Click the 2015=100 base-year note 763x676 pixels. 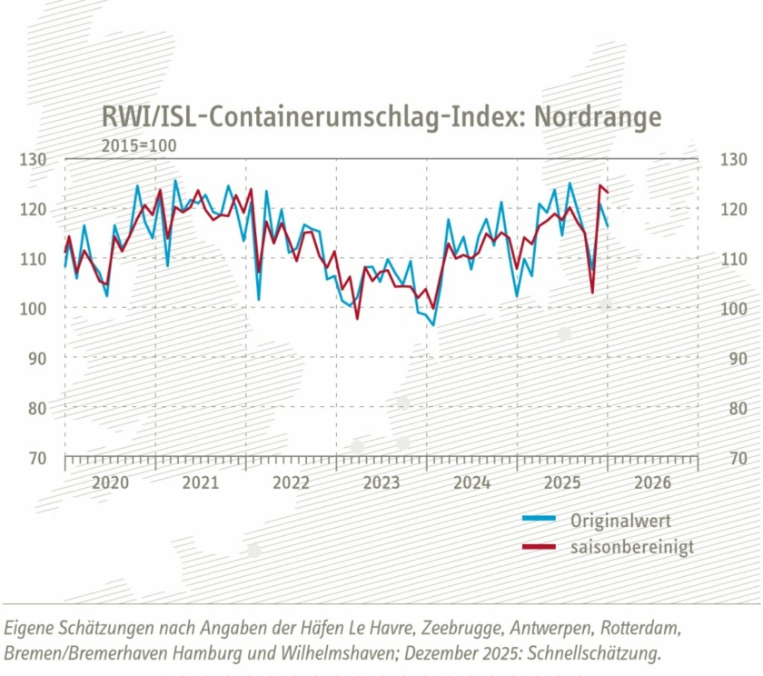pyautogui.click(x=139, y=145)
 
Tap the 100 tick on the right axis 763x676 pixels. pyautogui.click(x=731, y=309)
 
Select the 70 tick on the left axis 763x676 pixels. pyautogui.click(x=35, y=458)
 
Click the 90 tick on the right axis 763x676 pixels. pyautogui.click(x=731, y=359)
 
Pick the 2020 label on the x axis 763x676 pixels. pyautogui.click(x=110, y=482)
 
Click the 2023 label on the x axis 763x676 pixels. pyautogui.click(x=381, y=482)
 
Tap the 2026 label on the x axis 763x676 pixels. pyautogui.click(x=652, y=482)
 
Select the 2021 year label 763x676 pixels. pyautogui.click(x=201, y=482)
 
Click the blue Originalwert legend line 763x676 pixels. pyautogui.click(x=540, y=521)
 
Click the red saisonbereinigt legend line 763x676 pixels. pyautogui.click(x=540, y=547)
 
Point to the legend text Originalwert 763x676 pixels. pyautogui.click(x=620, y=521)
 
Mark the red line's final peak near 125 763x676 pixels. pyautogui.click(x=599, y=186)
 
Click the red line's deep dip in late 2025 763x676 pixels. pyautogui.click(x=592, y=293)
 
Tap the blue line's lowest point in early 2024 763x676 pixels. pyautogui.click(x=433, y=324)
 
